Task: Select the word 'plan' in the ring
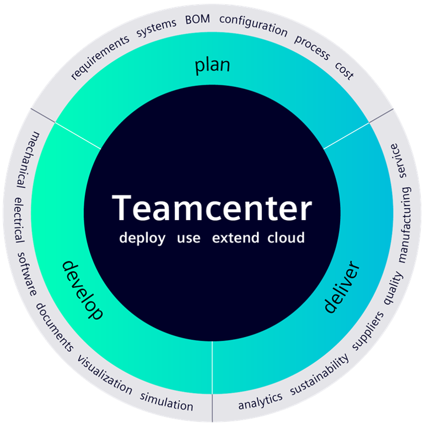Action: coord(212,66)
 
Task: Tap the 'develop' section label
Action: coord(82,290)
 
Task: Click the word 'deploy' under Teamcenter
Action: coord(142,239)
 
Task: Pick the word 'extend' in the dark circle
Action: coord(236,238)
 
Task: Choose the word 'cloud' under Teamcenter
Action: coord(286,238)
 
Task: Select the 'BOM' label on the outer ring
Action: coord(197,21)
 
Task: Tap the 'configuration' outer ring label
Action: coord(253,25)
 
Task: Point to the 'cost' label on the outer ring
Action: coord(345,70)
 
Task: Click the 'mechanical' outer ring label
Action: coord(28,159)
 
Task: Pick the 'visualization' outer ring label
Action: coord(105,375)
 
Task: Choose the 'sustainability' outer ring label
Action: coord(320,375)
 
